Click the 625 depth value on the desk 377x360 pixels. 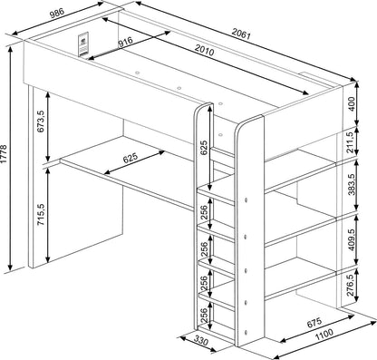coord(130,159)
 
